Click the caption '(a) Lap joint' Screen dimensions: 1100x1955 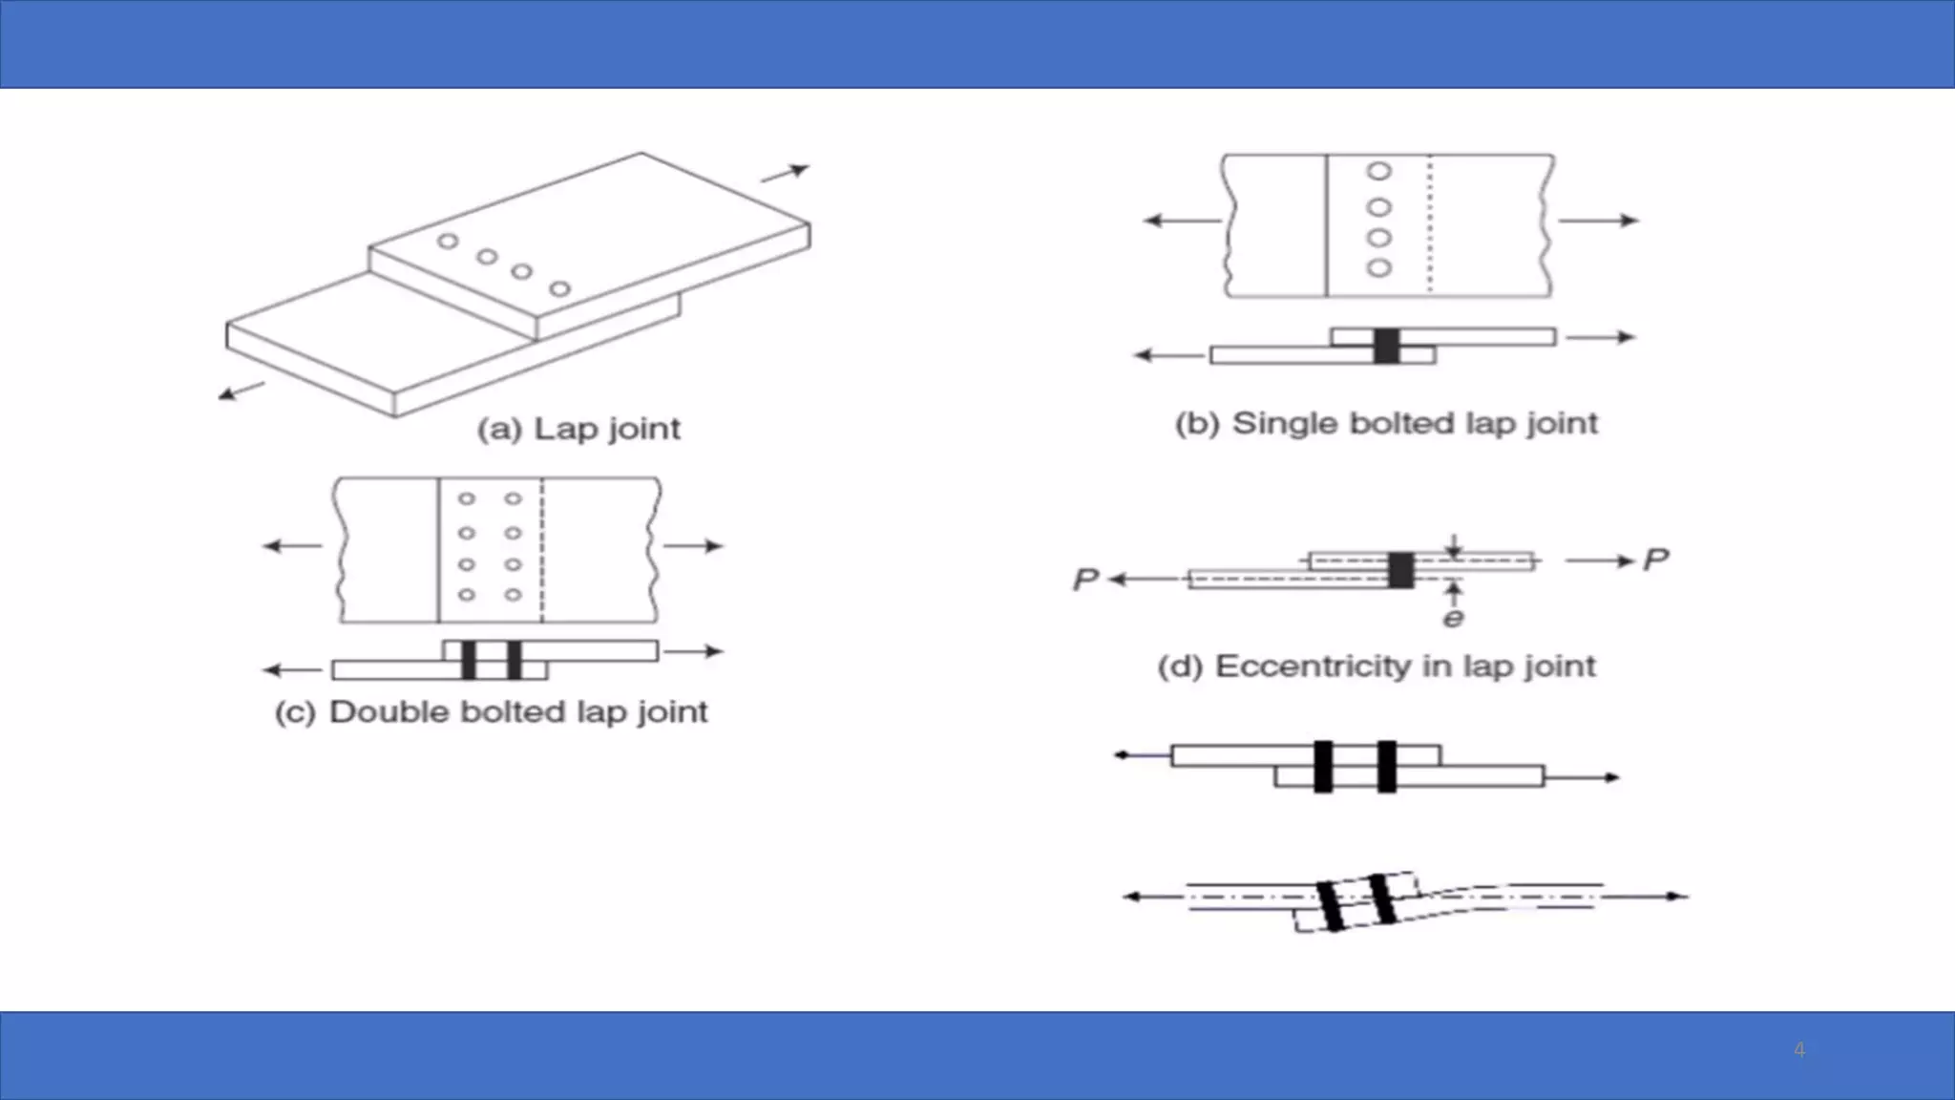click(578, 429)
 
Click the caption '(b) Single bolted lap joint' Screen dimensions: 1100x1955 click(1385, 423)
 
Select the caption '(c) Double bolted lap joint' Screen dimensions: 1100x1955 click(491, 712)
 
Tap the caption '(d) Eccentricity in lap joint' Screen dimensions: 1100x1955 click(1376, 666)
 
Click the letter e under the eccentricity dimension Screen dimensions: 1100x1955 click(1453, 619)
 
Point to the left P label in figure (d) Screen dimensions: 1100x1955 click(1085, 580)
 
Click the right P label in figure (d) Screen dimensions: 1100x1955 click(1655, 560)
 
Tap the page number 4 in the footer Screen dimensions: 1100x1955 click(1798, 1050)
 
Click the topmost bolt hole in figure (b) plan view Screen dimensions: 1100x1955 click(1378, 172)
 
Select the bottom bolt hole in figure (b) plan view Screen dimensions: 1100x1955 click(1378, 268)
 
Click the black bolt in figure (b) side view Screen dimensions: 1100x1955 click(1386, 346)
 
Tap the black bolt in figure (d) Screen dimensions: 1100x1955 click(1400, 570)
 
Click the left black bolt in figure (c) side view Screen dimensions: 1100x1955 click(468, 661)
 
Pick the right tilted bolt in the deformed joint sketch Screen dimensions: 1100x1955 click(1382, 899)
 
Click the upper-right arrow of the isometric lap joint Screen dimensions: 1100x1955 click(786, 173)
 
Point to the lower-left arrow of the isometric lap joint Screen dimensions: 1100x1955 click(241, 391)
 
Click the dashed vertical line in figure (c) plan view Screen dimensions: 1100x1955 click(542, 550)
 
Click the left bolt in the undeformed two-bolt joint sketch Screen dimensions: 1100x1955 click(1322, 767)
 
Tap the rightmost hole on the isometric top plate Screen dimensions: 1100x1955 click(560, 288)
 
